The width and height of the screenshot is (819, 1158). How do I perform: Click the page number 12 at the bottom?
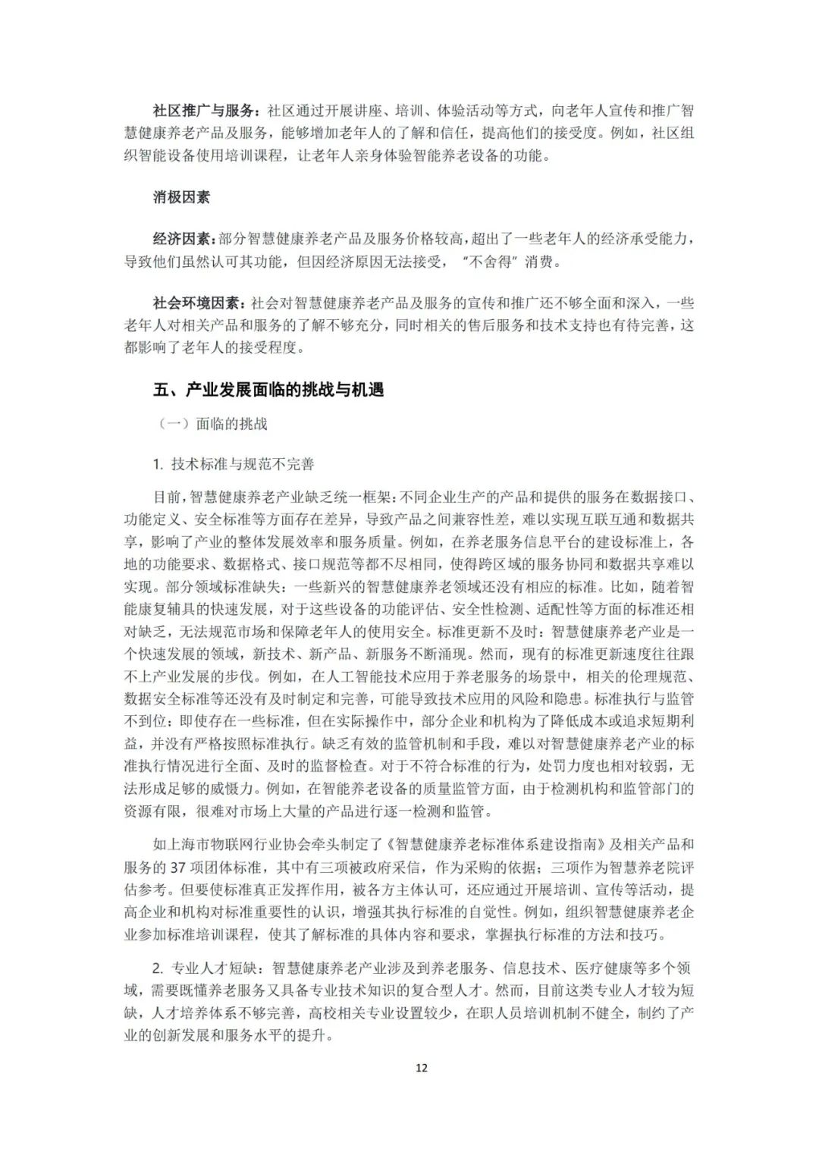[422, 1068]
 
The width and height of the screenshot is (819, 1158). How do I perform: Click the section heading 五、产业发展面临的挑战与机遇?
[268, 390]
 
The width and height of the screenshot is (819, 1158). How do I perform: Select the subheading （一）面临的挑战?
[213, 424]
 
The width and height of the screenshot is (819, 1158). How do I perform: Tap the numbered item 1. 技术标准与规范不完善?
[233, 464]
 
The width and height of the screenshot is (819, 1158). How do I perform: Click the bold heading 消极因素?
[181, 197]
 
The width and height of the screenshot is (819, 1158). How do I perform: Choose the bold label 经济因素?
[182, 240]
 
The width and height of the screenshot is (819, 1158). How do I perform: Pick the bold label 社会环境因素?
[198, 303]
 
